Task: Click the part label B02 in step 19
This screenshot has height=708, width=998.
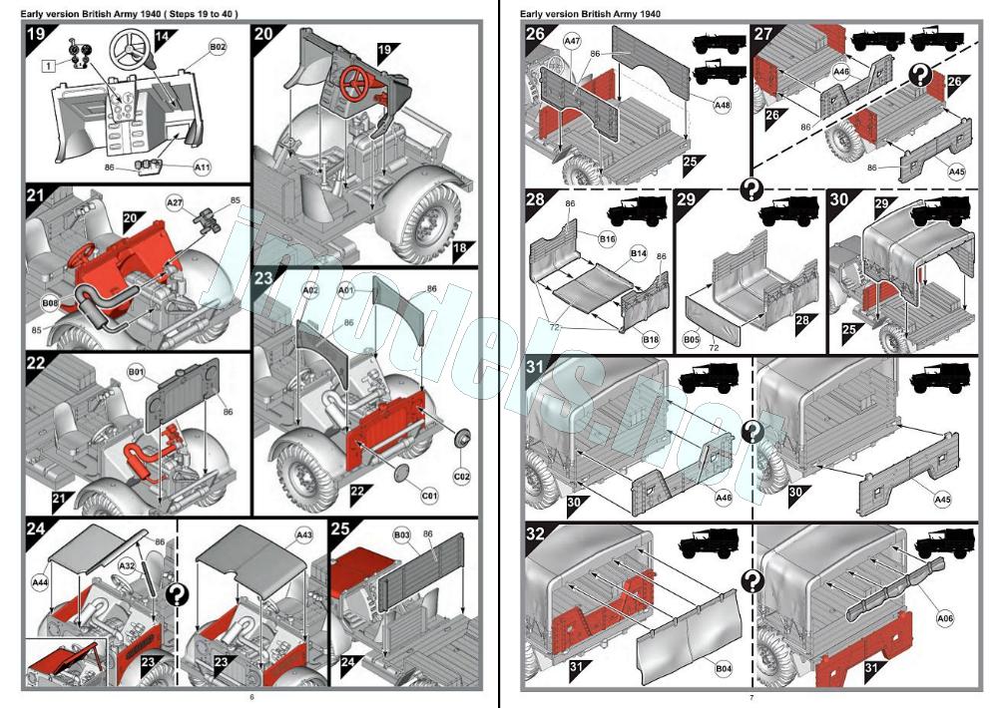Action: tap(218, 47)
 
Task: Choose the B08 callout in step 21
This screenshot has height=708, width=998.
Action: tap(50, 301)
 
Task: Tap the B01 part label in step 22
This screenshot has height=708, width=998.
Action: tap(137, 373)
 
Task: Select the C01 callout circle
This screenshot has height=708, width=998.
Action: tap(429, 495)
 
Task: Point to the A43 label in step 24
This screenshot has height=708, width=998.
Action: tap(304, 535)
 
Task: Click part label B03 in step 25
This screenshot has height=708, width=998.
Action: tap(401, 535)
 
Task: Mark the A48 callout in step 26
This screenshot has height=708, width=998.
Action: tap(722, 104)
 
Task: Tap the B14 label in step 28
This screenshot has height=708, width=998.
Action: tap(638, 255)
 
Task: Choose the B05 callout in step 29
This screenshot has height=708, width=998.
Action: tap(692, 340)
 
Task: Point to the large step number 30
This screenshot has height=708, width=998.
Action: tap(840, 198)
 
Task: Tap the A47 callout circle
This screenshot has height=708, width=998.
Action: tap(572, 42)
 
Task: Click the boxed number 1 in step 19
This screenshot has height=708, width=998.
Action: tap(48, 65)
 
